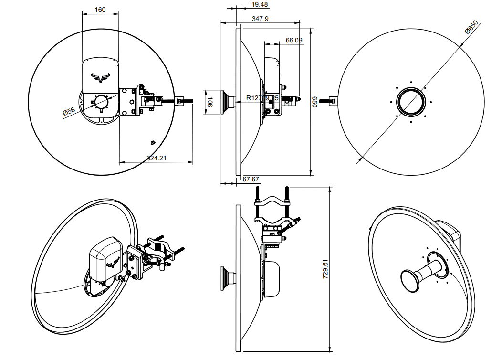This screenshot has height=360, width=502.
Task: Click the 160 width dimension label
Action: [x=100, y=10]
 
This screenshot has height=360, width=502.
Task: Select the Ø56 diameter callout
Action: [x=69, y=111]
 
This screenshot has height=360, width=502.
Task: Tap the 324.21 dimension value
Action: [x=156, y=158]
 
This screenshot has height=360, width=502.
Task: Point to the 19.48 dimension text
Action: [x=260, y=4]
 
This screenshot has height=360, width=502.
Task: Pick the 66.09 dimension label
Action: [x=294, y=41]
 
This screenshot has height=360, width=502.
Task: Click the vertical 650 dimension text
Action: [x=315, y=102]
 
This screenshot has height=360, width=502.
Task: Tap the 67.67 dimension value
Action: [x=251, y=179]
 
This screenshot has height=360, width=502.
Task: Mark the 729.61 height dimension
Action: [x=325, y=270]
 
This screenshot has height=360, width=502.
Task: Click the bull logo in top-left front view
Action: [x=101, y=77]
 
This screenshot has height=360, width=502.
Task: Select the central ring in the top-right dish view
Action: [x=411, y=102]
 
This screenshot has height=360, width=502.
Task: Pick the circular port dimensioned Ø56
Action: [x=101, y=102]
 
